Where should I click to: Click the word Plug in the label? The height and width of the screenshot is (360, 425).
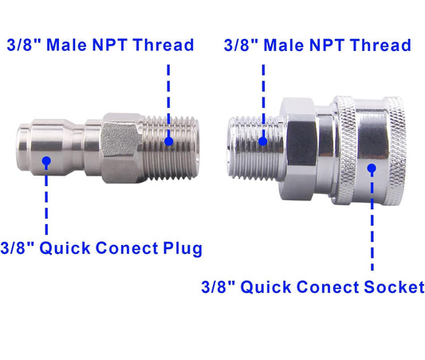tap(179, 248)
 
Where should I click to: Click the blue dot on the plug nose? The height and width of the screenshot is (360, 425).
tap(46, 161)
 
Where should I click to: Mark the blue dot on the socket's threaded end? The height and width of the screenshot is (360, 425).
tap(263, 142)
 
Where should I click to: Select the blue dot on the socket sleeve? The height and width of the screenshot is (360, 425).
tap(372, 168)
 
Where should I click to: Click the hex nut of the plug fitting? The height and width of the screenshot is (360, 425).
tap(120, 142)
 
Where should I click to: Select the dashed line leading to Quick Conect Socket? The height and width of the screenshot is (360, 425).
tap(372, 224)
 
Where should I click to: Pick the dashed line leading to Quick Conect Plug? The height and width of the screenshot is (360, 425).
tap(46, 200)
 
